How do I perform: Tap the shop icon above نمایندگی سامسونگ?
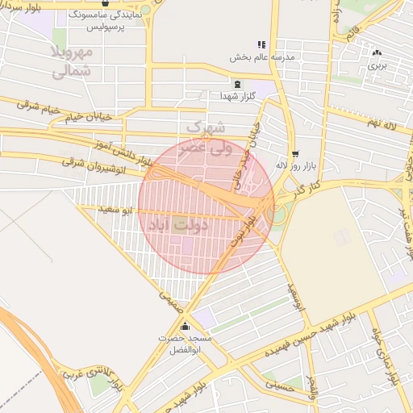106,2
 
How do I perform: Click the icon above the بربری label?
376,53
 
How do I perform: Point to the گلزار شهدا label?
237,96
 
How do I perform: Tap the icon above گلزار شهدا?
236,84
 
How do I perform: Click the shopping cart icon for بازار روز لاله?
295,152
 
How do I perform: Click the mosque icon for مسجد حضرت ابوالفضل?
186,327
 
